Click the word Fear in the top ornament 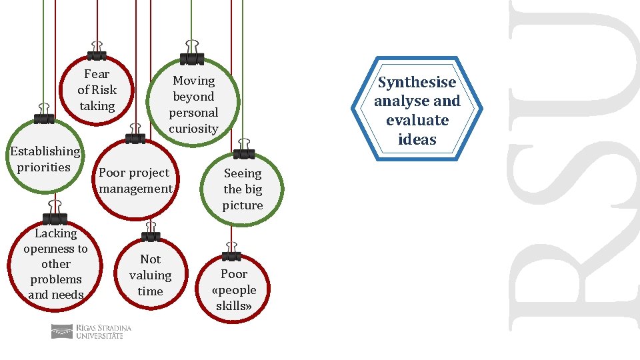pos(97,74)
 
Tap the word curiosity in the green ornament pos(193,129)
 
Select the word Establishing pos(45,151)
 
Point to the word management pos(135,189)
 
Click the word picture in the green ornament pos(243,205)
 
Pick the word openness pos(55,249)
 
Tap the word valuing pos(150,275)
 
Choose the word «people pos(234,290)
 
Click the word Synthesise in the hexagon pos(417,83)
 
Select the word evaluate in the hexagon pos(417,121)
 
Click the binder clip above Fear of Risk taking pos(97,54)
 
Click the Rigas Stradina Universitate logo pos(91,331)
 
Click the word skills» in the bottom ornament pos(234,306)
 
